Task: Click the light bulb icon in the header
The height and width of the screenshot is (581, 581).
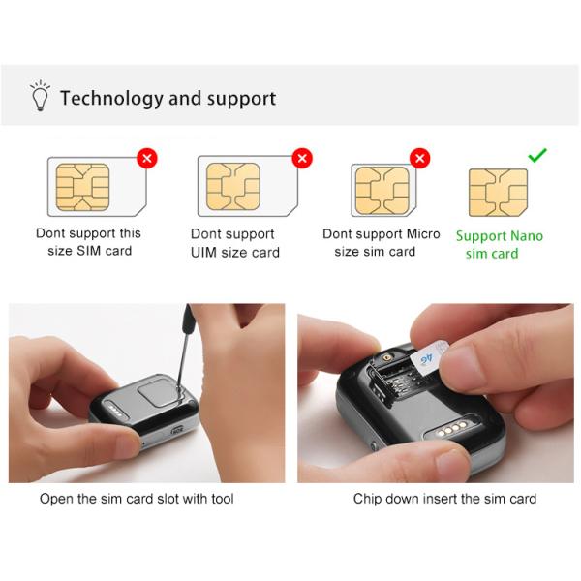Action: (x=40, y=97)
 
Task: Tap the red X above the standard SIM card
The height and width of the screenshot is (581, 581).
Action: (x=146, y=157)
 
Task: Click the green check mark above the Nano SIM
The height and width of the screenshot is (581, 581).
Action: (x=537, y=155)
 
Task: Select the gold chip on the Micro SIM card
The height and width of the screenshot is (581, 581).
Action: (x=382, y=189)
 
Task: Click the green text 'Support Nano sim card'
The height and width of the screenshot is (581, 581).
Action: (x=499, y=244)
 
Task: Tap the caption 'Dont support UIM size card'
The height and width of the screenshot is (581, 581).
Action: (x=234, y=243)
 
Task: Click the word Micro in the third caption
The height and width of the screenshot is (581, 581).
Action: (x=422, y=233)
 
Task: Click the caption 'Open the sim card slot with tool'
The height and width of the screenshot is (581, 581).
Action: (x=137, y=499)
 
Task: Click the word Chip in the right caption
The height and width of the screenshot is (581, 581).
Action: (x=370, y=499)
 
